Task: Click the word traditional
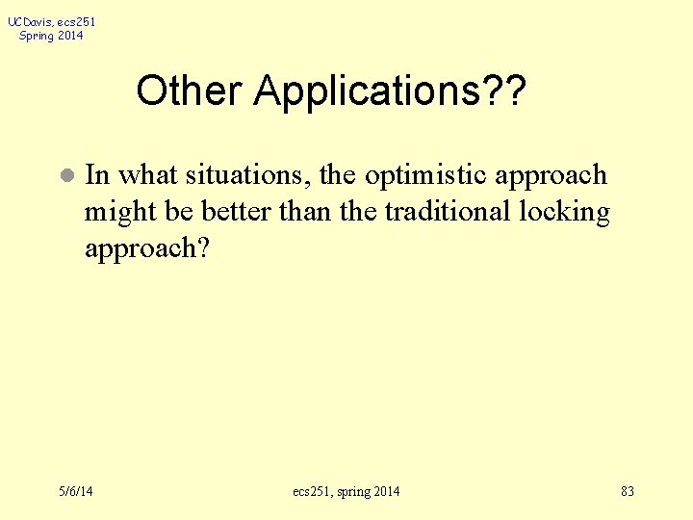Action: tap(448, 212)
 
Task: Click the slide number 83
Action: tap(627, 492)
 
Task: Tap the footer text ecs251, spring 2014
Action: tap(346, 492)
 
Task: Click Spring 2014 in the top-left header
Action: tap(51, 36)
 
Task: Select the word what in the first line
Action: tap(148, 175)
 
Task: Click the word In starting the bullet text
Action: tap(97, 175)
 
